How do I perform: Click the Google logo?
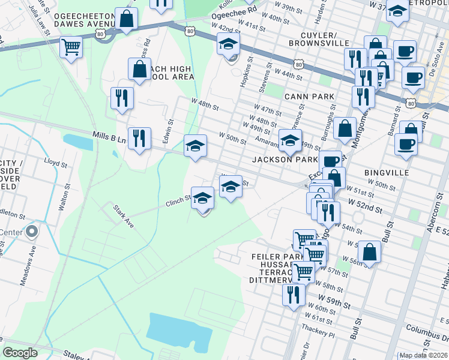[x=20, y=353]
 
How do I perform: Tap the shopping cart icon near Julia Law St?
[x=71, y=46]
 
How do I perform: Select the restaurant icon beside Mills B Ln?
[x=139, y=139]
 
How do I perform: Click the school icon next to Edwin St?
[x=195, y=146]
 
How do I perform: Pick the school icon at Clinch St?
[x=203, y=199]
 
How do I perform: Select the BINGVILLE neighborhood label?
[x=387, y=172]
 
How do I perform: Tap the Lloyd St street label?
[x=55, y=162]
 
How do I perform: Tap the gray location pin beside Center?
[x=32, y=231]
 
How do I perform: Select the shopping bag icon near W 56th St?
[x=369, y=252]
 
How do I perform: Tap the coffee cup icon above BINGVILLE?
[x=406, y=145]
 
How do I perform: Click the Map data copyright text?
[x=423, y=355]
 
